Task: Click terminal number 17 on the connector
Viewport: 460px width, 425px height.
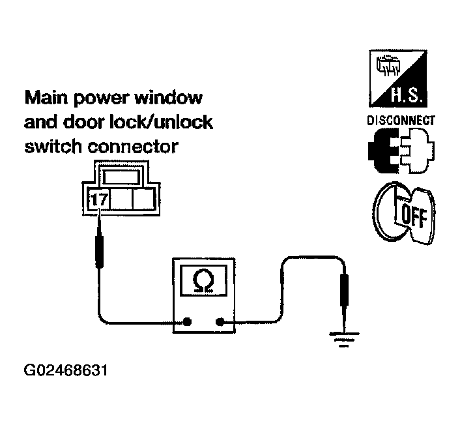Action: (100, 200)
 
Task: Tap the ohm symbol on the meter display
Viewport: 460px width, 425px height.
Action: (204, 281)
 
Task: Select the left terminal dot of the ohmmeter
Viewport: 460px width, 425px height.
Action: (187, 321)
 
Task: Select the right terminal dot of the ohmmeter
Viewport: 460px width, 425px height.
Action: (221, 321)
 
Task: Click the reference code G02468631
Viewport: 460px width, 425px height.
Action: (65, 372)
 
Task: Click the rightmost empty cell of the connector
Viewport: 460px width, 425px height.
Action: (143, 200)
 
